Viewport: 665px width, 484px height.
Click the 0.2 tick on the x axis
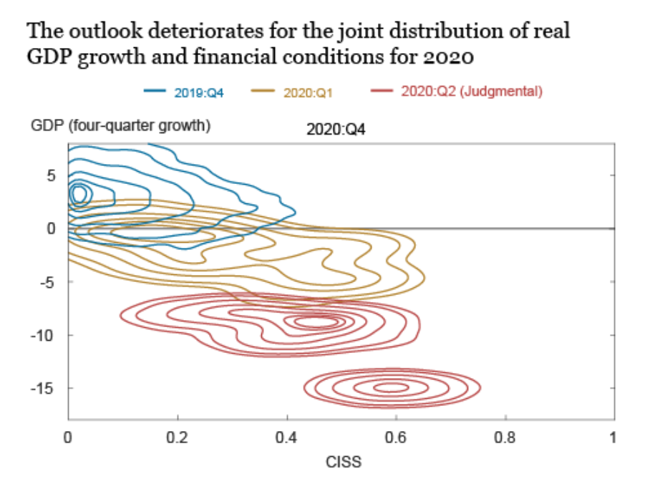178,436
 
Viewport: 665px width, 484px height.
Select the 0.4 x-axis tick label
287,436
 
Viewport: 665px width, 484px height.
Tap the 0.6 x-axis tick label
396,436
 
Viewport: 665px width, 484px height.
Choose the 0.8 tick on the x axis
505,436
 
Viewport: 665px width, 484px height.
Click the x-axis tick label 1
613,436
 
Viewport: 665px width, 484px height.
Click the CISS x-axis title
344,462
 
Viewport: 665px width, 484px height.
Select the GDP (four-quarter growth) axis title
120,127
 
